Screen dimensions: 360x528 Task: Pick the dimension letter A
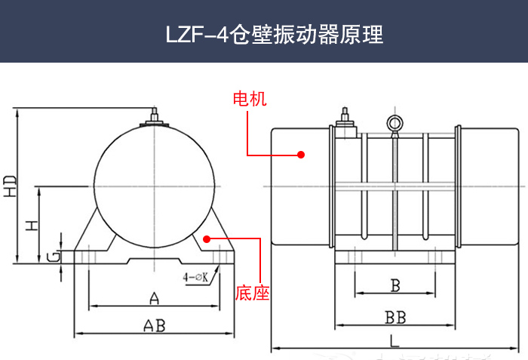pyautogui.click(x=154, y=298)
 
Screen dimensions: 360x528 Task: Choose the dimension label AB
pyautogui.click(x=154, y=325)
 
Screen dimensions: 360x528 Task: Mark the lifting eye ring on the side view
pyautogui.click(x=393, y=123)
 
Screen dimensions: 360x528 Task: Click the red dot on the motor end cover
pyautogui.click(x=300, y=154)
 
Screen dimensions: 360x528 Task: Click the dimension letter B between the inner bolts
pyautogui.click(x=394, y=285)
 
